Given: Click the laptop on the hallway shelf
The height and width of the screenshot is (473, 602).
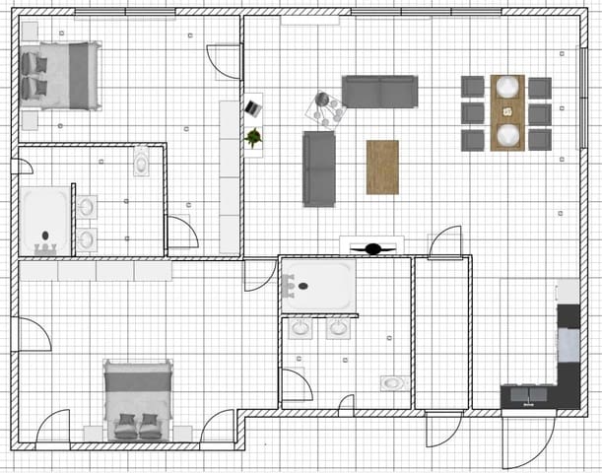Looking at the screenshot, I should click(253, 103).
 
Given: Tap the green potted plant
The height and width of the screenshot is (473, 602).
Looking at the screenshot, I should click(253, 137).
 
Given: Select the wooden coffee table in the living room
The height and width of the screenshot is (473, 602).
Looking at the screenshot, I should click(382, 167).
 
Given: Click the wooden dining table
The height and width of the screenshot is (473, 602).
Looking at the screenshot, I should click(507, 112).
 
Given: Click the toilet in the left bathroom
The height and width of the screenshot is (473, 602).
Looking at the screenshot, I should click(141, 160).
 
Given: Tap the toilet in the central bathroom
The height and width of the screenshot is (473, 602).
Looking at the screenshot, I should click(392, 381).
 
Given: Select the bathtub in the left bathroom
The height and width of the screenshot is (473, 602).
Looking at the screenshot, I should click(45, 216).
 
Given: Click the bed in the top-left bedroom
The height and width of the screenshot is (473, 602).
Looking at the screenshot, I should click(62, 76).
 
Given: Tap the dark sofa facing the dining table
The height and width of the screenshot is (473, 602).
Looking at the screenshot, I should click(379, 91).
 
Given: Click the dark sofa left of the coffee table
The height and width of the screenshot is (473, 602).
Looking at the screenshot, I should click(318, 168).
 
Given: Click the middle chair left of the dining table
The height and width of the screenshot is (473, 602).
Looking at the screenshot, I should click(473, 112).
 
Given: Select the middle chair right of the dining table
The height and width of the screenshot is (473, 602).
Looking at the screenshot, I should click(540, 112).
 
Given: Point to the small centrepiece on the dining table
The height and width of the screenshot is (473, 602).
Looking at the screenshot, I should click(507, 111).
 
